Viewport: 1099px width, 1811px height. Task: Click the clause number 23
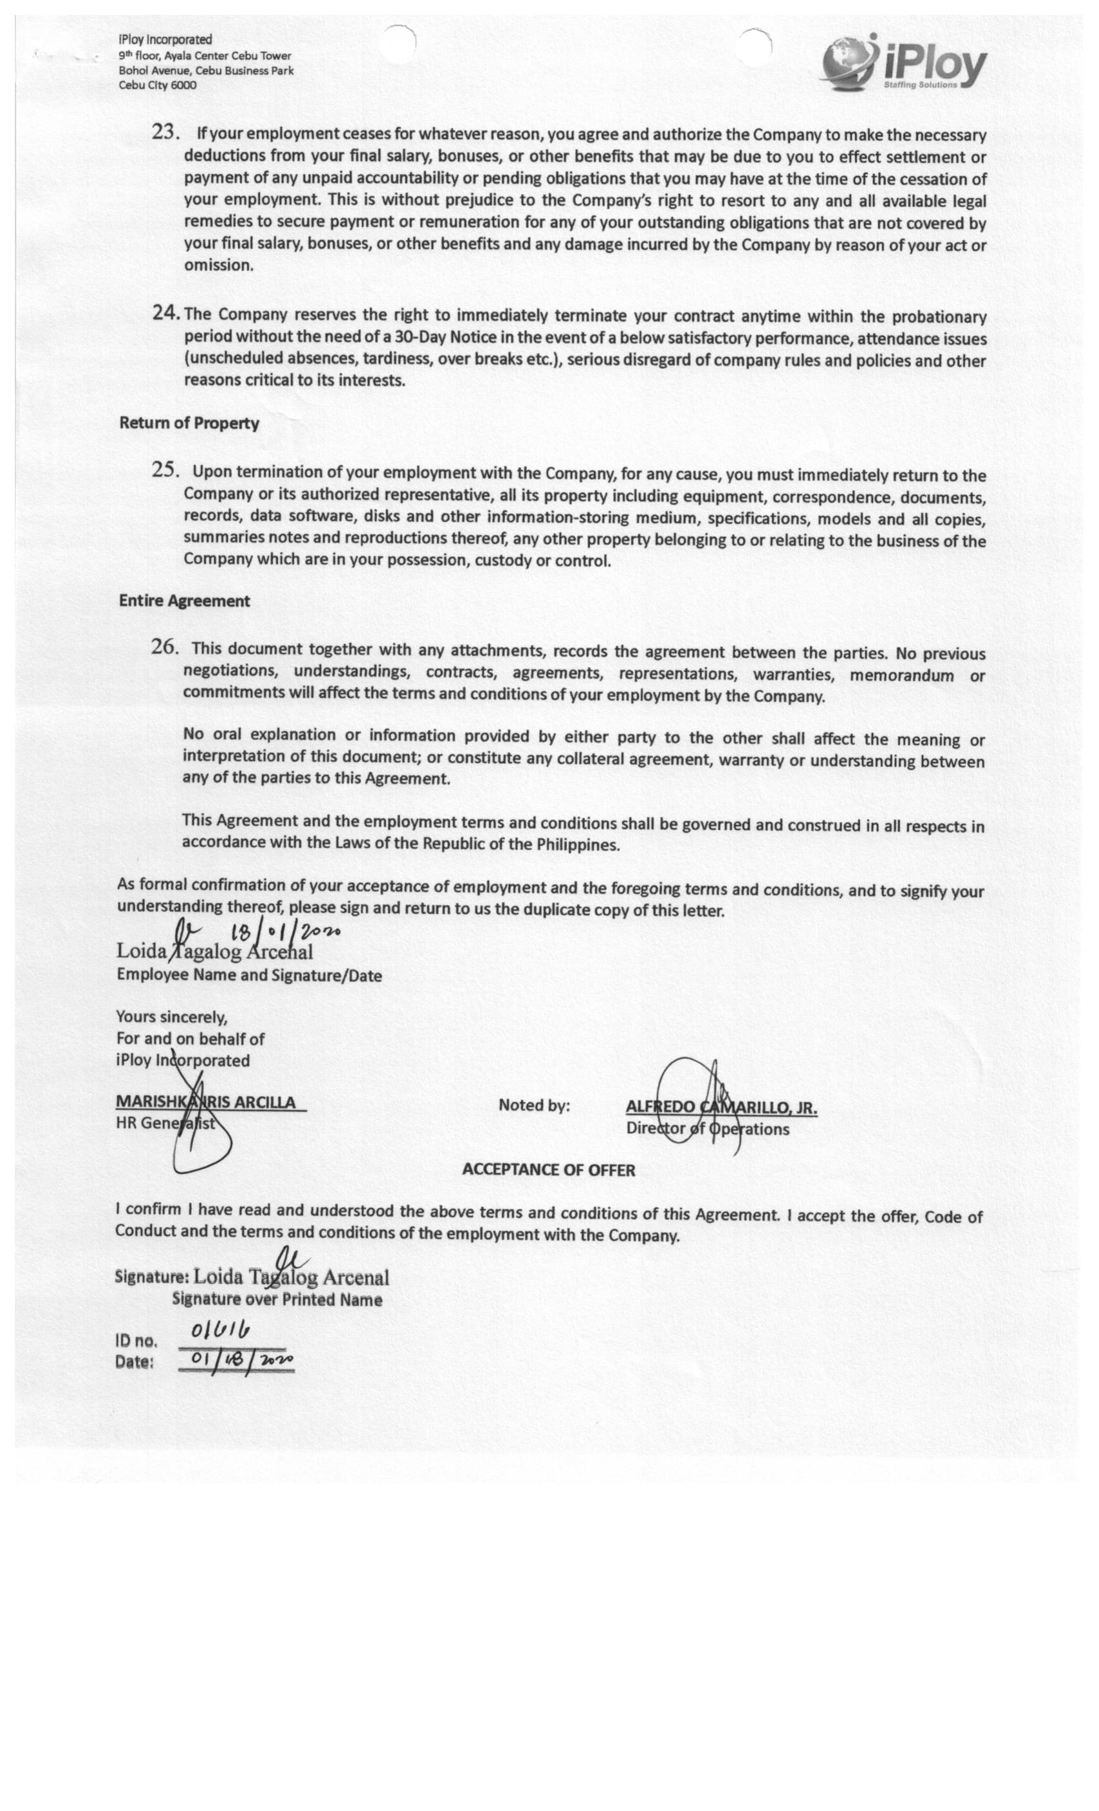pyautogui.click(x=165, y=133)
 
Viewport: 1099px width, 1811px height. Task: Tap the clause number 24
pyautogui.click(x=166, y=313)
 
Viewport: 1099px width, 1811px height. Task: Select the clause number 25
pyautogui.click(x=165, y=470)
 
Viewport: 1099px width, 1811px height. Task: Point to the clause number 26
pyautogui.click(x=165, y=647)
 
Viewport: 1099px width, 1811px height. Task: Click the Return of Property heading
pyautogui.click(x=189, y=424)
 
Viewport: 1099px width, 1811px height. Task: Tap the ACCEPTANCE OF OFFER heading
pyautogui.click(x=548, y=1169)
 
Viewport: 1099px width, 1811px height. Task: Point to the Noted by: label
pyautogui.click(x=533, y=1105)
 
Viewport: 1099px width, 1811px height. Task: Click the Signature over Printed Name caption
pyautogui.click(x=277, y=1299)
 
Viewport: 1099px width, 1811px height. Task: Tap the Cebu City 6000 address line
pyautogui.click(x=157, y=85)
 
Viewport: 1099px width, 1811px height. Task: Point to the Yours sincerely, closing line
pyautogui.click(x=171, y=1017)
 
